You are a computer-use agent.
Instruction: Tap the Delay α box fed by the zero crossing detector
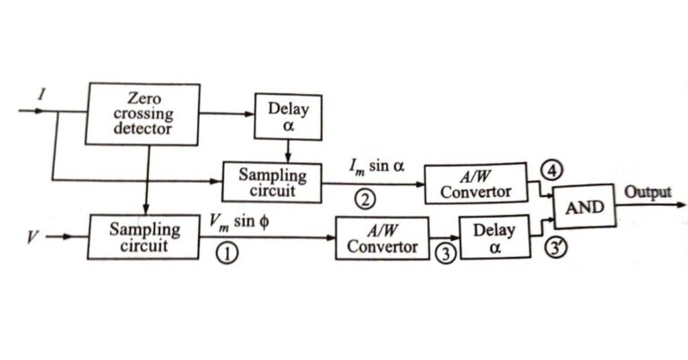[288, 116]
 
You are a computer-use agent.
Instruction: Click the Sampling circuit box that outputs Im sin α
[271, 182]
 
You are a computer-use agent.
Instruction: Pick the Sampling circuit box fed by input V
[144, 237]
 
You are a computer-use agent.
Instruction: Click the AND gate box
[584, 208]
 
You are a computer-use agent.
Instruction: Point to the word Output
[648, 193]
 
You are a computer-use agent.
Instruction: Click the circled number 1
[229, 253]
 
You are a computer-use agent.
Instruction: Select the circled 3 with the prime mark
[555, 250]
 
